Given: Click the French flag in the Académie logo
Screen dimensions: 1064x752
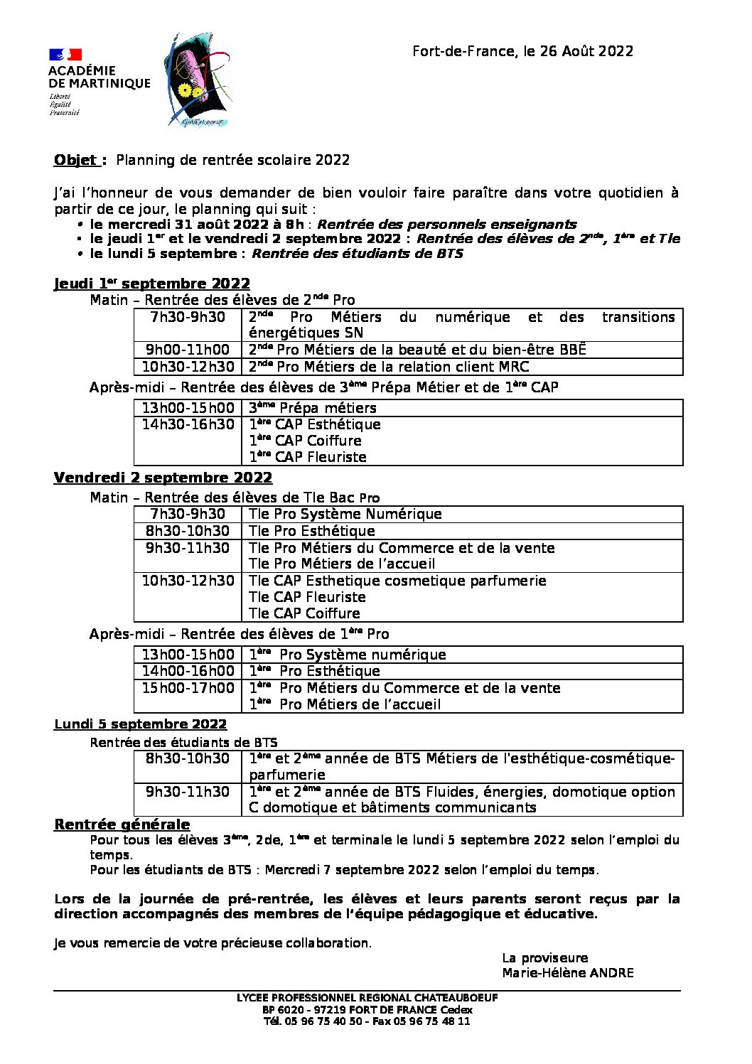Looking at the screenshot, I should pyautogui.click(x=65, y=55).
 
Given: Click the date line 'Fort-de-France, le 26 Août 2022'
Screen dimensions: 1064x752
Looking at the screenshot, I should pyautogui.click(x=522, y=51).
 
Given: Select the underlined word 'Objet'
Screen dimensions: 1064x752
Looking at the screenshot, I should pyautogui.click(x=75, y=160).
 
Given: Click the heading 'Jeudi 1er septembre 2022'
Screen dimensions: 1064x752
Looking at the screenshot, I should pyautogui.click(x=152, y=284).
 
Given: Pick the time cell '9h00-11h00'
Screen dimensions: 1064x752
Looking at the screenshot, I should pyautogui.click(x=188, y=350).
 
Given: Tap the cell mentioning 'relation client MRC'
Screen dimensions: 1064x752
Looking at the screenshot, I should pyautogui.click(x=389, y=367).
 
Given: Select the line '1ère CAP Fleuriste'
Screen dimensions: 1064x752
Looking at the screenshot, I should pyautogui.click(x=308, y=457).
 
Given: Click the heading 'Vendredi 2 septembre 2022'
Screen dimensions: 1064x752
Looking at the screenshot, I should pyautogui.click(x=163, y=478).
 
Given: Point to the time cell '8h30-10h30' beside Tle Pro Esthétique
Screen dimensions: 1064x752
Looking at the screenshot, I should pyautogui.click(x=188, y=531).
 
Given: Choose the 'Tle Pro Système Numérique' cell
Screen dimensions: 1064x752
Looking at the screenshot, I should pyautogui.click(x=345, y=514).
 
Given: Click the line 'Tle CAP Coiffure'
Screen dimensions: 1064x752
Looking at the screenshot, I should pyautogui.click(x=304, y=613).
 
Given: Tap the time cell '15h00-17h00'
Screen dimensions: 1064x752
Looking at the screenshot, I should pyautogui.click(x=188, y=688).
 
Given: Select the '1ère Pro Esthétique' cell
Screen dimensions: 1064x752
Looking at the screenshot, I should pyautogui.click(x=314, y=671).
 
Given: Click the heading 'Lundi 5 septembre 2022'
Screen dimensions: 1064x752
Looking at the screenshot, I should pyautogui.click(x=140, y=724).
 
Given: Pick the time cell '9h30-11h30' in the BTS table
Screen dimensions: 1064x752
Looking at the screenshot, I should pyautogui.click(x=188, y=792).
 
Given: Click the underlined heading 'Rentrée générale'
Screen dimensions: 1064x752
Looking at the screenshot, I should pyautogui.click(x=122, y=824).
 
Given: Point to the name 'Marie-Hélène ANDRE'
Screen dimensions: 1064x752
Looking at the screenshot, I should pyautogui.click(x=567, y=973).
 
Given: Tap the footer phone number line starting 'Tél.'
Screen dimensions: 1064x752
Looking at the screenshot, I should pyautogui.click(x=367, y=1021).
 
